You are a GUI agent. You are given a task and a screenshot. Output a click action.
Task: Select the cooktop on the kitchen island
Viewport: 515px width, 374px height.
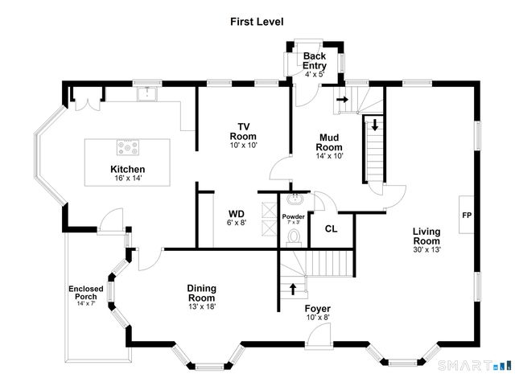[128, 148]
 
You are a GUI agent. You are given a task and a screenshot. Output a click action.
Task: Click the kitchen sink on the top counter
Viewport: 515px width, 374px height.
[146, 94]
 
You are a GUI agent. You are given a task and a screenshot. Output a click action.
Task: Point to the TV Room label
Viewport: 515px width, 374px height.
[242, 132]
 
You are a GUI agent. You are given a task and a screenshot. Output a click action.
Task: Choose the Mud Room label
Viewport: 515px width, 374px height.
[330, 142]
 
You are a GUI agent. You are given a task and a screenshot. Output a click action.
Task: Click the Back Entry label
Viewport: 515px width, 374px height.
[314, 60]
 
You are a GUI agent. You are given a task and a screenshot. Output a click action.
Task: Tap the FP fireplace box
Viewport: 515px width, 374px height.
[466, 216]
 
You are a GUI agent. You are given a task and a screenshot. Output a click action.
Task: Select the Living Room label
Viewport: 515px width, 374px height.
[426, 236]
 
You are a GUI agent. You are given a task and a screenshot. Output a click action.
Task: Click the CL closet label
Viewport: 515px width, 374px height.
[331, 228]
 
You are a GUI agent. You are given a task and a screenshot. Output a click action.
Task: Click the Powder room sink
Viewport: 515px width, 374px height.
[294, 199]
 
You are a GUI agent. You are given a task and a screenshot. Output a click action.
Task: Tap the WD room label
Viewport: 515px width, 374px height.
[237, 214]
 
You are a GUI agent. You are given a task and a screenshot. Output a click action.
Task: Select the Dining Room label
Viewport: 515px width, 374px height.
[201, 293]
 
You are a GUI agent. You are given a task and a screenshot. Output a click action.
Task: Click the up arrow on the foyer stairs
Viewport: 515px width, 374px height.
[292, 286]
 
